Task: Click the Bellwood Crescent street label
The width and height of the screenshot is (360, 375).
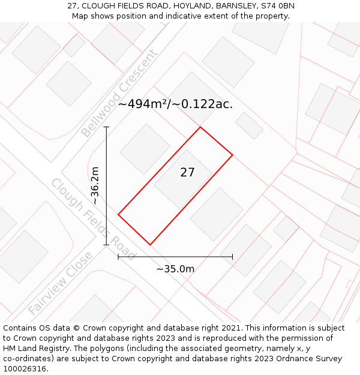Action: pos(119,93)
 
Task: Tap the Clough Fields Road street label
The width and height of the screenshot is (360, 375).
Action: pos(93,215)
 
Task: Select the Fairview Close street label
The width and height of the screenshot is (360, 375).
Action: pos(60,283)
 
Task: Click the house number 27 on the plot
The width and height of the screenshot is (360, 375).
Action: pos(187,173)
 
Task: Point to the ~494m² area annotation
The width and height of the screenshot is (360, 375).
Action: pos(175,104)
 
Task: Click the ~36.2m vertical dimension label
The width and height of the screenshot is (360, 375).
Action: pos(95,186)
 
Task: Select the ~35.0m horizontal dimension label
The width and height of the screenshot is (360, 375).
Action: pos(175,269)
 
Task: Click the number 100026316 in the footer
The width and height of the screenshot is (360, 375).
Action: pos(25,368)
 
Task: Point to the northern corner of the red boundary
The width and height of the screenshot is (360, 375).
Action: pos(200,127)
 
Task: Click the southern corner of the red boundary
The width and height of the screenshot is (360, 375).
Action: pos(150,245)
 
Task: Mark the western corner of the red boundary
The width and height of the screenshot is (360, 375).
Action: pos(118,214)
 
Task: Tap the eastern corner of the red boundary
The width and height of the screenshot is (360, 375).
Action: pos(232,155)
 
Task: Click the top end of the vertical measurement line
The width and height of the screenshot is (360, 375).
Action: pos(106,127)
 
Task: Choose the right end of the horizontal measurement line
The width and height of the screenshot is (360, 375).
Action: pos(232,257)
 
